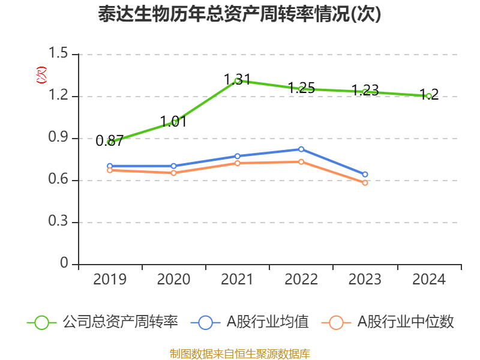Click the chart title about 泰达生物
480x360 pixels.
coord(239,14)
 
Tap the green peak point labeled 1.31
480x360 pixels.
coord(238,80)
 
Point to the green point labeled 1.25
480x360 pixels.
coord(301,89)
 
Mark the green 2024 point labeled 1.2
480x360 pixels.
coord(429,96)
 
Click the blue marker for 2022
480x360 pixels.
coord(301,149)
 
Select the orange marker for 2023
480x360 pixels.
coord(365,182)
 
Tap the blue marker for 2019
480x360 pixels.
coord(110,166)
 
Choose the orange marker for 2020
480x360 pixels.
coord(173,173)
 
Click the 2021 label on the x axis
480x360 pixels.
coord(238,279)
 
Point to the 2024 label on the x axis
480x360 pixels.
coord(429,279)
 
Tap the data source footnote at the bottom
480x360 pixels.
coord(239,353)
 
